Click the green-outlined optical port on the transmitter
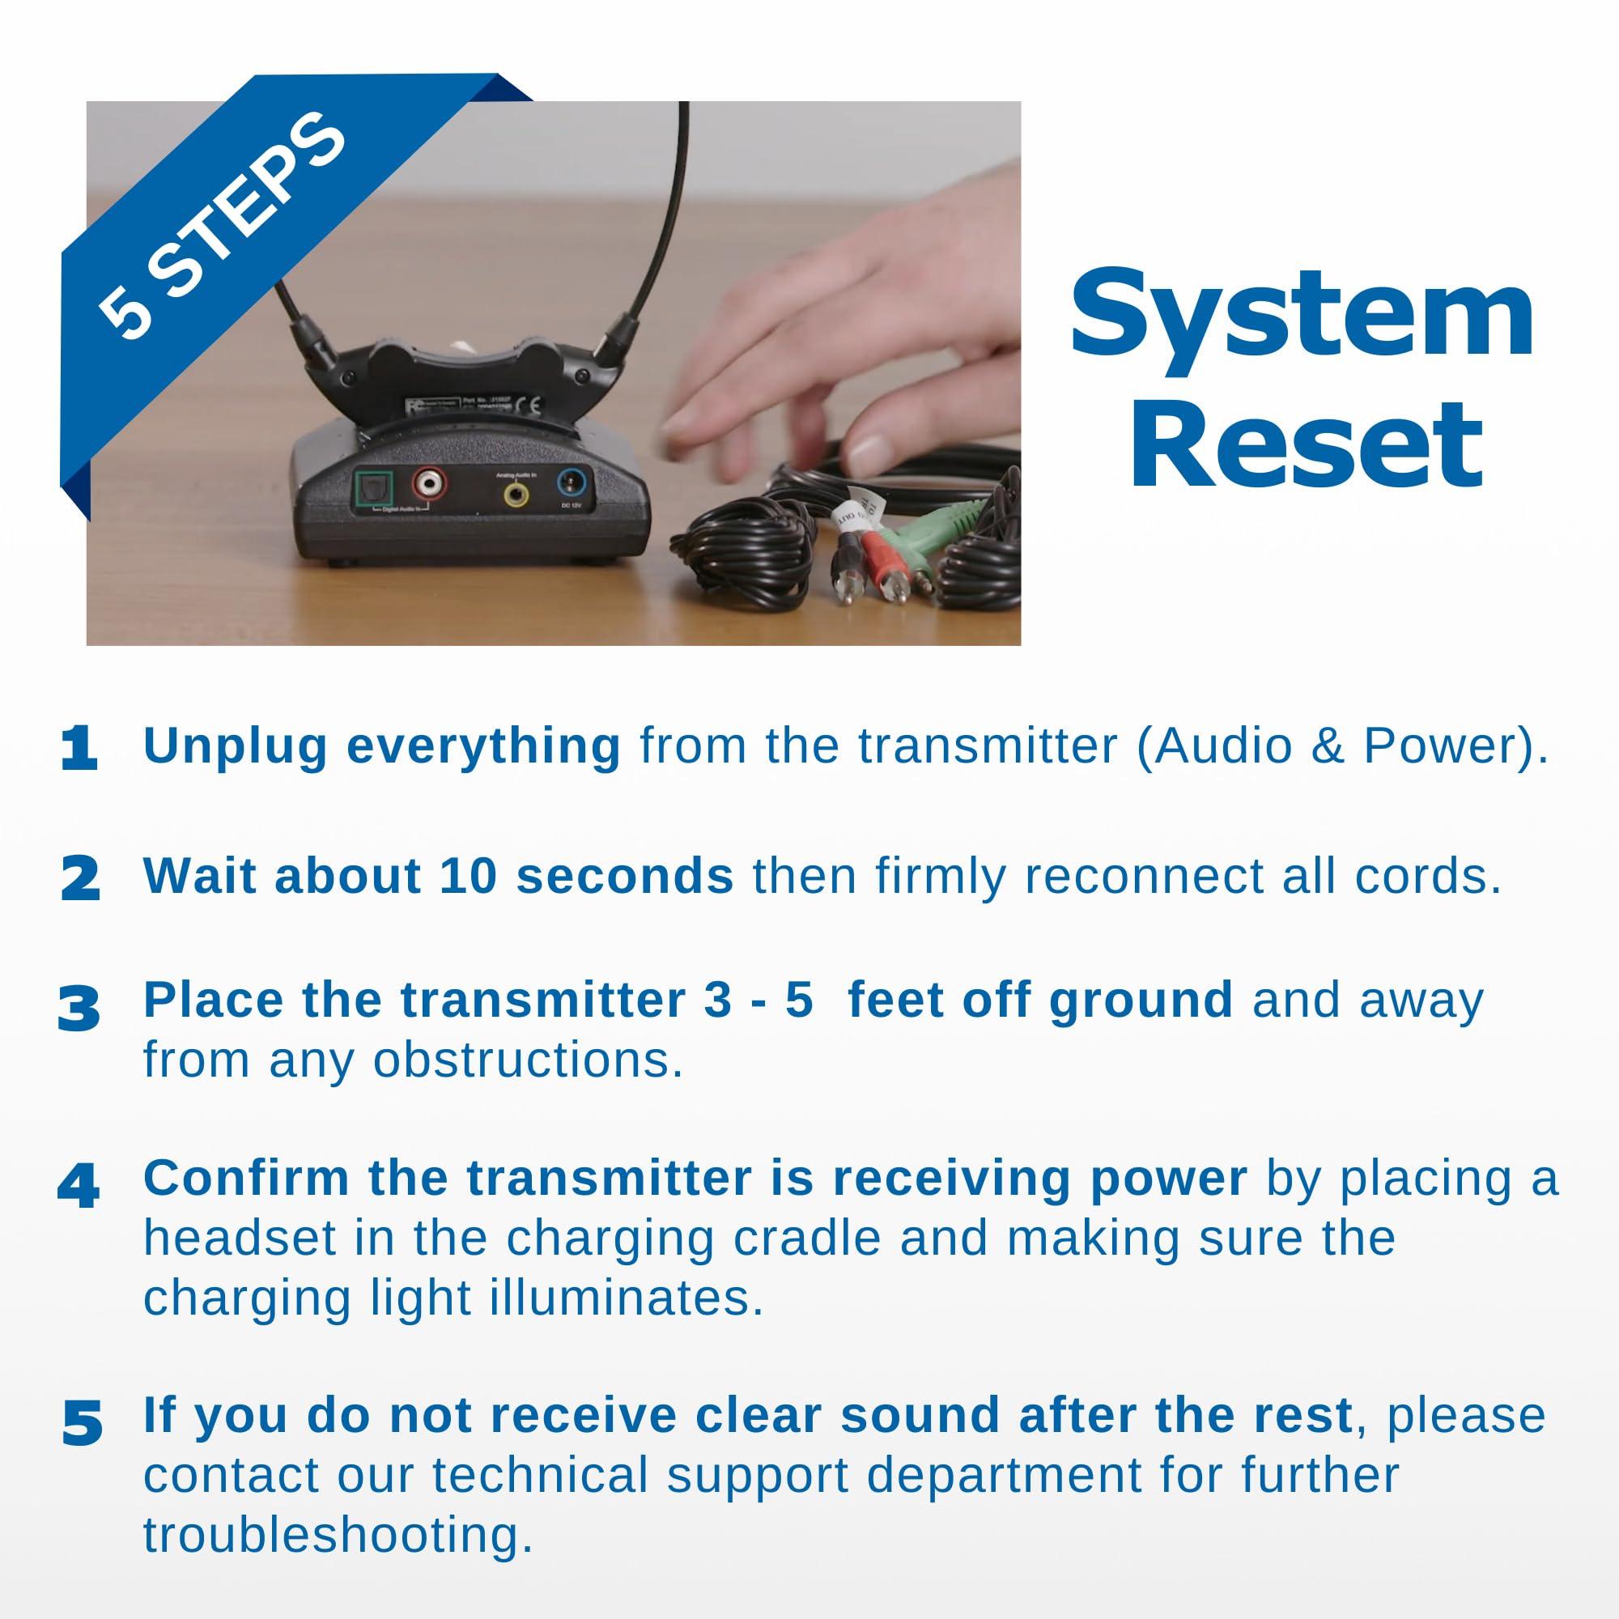click(370, 486)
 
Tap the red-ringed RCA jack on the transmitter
click(428, 483)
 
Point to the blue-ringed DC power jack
click(574, 483)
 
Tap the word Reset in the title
click(1307, 444)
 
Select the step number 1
click(79, 748)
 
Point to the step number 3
click(79, 1009)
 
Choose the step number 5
click(82, 1423)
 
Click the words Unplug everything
click(381, 745)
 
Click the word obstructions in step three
click(527, 1061)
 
